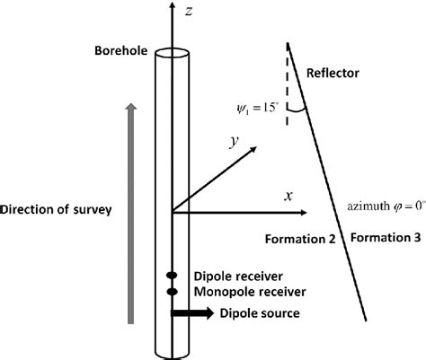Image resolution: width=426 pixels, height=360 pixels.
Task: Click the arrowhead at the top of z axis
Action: [x=170, y=9]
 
